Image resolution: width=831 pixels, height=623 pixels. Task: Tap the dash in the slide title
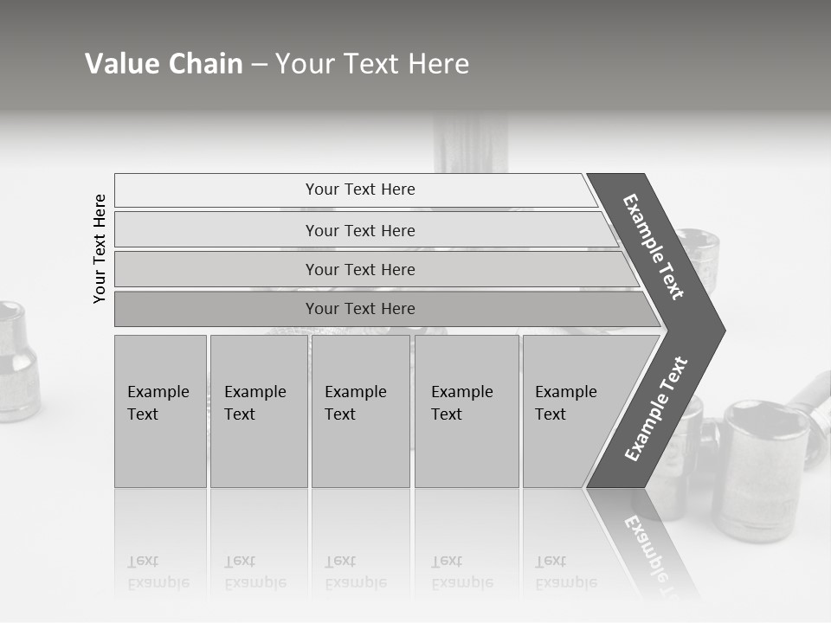pyautogui.click(x=259, y=65)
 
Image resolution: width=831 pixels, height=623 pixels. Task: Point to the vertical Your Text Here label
pyautogui.click(x=100, y=248)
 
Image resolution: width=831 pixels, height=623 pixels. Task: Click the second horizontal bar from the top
pyautogui.click(x=359, y=230)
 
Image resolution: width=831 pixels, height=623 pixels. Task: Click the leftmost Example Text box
pyautogui.click(x=160, y=411)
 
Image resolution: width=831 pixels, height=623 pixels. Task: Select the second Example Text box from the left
pyautogui.click(x=258, y=411)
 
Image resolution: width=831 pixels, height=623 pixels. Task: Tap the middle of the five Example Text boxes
pyautogui.click(x=360, y=411)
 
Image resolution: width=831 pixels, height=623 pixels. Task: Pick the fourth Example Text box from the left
pyautogui.click(x=467, y=411)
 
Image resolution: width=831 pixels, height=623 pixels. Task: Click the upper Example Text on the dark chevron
pyautogui.click(x=654, y=247)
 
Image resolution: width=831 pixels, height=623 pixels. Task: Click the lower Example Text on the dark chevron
pyautogui.click(x=655, y=408)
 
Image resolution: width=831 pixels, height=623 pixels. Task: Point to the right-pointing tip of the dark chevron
pyautogui.click(x=720, y=330)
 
